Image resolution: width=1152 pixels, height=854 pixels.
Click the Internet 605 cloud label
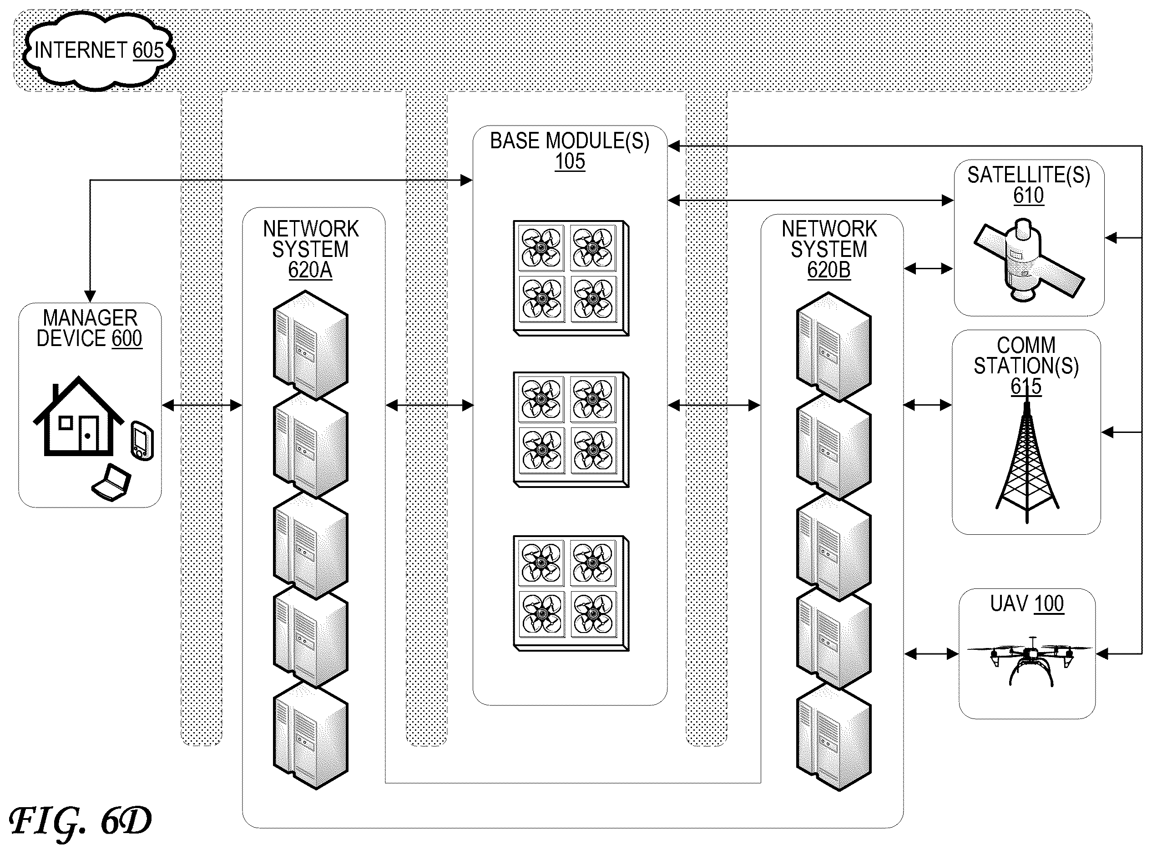pyautogui.click(x=99, y=50)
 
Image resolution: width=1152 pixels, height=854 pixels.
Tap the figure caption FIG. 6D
pyautogui.click(x=80, y=821)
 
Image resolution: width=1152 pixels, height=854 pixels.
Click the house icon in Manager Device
pyautogui.click(x=79, y=416)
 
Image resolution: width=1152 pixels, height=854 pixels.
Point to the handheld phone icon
pyautogui.click(x=142, y=441)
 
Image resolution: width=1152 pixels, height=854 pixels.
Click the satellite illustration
pyautogui.click(x=1028, y=261)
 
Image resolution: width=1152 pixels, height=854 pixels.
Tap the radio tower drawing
pyautogui.click(x=1027, y=462)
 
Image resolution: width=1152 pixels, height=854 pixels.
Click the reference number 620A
pyautogui.click(x=310, y=270)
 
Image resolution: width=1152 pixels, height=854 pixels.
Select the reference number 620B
pyautogui.click(x=829, y=270)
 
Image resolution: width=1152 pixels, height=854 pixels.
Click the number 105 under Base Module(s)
pyautogui.click(x=570, y=161)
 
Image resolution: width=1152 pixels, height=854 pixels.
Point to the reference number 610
pyautogui.click(x=1028, y=196)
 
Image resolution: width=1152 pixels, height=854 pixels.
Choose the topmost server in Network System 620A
pyautogui.click(x=310, y=345)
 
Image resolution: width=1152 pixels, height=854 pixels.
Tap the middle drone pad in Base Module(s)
pyautogui.click(x=571, y=430)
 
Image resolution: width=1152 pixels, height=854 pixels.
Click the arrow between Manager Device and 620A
pyautogui.click(x=202, y=405)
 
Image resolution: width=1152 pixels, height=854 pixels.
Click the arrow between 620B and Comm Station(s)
pyautogui.click(x=928, y=405)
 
